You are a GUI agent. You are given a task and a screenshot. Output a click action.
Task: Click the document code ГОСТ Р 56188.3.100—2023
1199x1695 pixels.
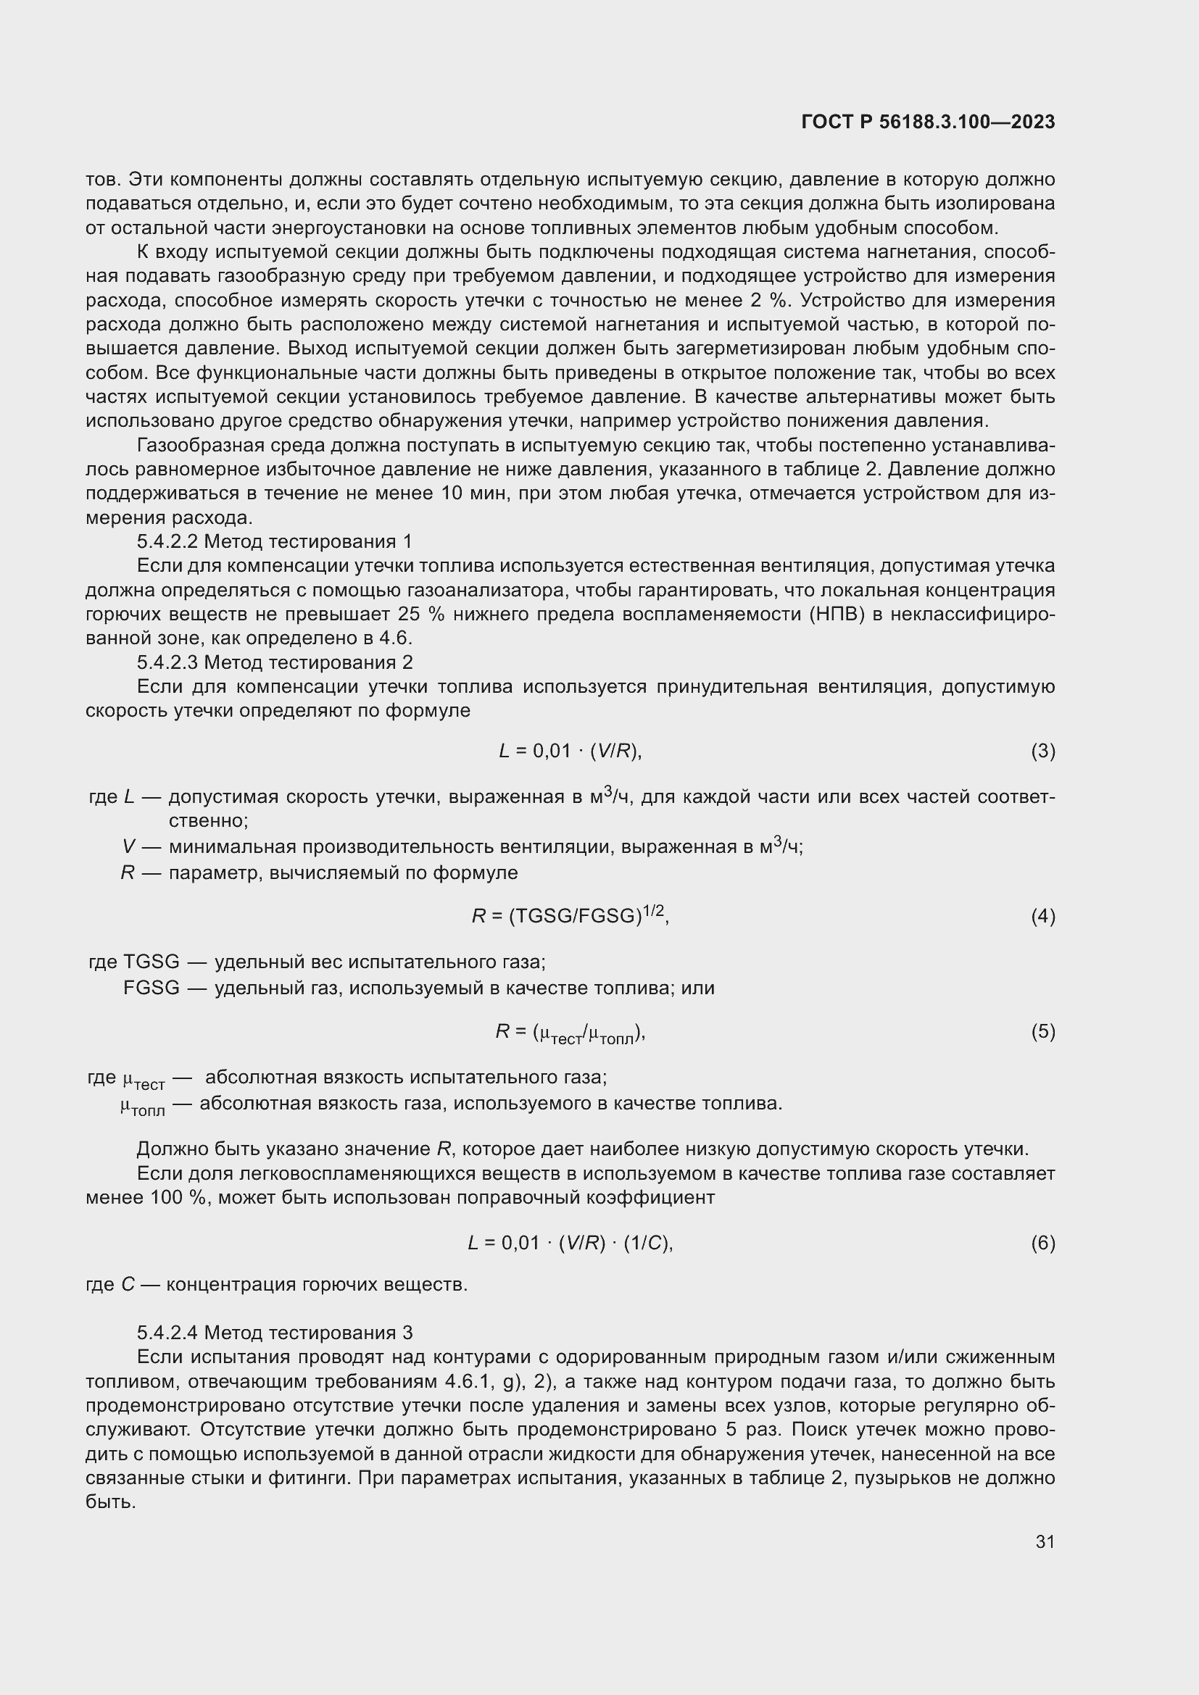click(x=927, y=122)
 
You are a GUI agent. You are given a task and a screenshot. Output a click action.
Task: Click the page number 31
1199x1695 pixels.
click(x=1045, y=1541)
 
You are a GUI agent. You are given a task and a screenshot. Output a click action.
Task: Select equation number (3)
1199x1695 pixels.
click(x=1042, y=751)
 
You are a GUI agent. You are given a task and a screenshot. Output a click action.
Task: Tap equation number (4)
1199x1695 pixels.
click(x=1042, y=917)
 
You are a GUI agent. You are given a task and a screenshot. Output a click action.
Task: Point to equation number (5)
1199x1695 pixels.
click(x=1042, y=1031)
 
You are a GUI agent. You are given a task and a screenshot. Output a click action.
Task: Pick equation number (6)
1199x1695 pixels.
click(x=1042, y=1244)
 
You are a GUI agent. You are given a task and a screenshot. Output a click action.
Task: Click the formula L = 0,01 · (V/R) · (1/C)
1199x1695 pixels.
click(x=570, y=1244)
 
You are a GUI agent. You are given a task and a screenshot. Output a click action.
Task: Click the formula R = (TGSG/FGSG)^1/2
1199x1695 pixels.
click(x=570, y=916)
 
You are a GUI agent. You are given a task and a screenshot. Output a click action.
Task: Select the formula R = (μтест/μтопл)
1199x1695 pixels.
click(x=570, y=1033)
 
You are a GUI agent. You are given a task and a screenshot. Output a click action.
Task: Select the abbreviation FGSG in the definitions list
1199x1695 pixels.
click(x=152, y=988)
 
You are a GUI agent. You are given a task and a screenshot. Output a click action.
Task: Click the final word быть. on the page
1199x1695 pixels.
click(x=111, y=1502)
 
